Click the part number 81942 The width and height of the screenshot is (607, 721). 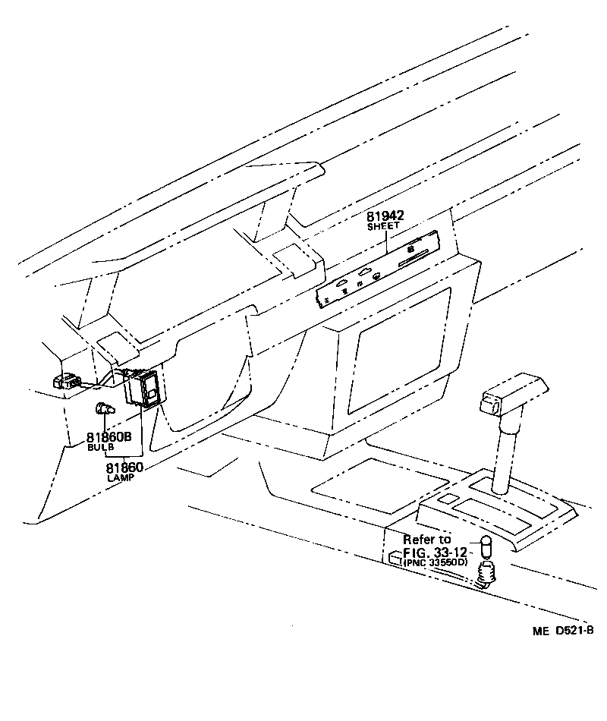point(385,216)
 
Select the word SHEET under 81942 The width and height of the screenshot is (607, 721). point(383,227)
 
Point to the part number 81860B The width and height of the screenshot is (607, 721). point(109,437)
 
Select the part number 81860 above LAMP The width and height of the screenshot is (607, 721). point(124,468)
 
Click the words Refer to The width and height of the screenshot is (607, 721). point(427,540)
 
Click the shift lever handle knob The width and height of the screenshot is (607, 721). point(505,392)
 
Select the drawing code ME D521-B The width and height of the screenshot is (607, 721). point(562,631)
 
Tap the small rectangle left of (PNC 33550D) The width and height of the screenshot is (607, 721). point(395,559)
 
